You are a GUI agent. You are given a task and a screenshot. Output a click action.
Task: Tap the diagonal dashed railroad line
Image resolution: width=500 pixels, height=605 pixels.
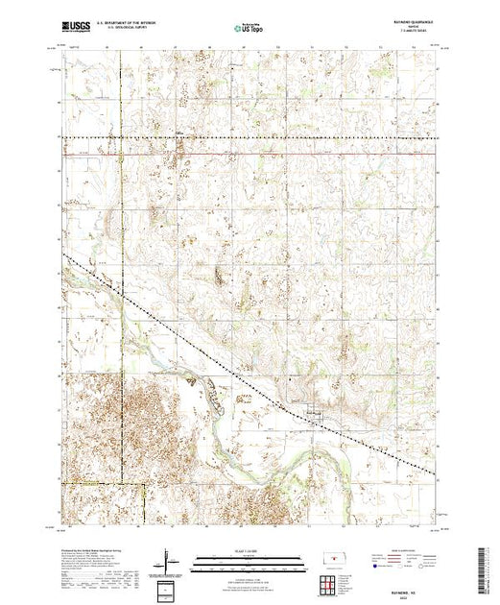tap(192, 346)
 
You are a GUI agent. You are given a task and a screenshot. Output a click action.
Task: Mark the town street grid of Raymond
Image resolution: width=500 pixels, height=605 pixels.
tap(314, 414)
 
